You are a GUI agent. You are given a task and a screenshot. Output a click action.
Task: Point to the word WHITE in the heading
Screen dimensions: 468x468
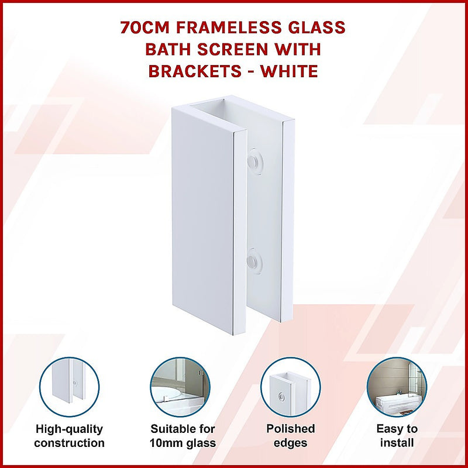(x=290, y=71)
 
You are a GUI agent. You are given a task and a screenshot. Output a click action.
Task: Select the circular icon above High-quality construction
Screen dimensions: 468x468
(x=69, y=387)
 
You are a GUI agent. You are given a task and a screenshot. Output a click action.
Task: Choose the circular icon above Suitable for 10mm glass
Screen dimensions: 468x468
(x=180, y=387)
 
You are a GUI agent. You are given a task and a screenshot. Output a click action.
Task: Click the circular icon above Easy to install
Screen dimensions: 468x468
(x=397, y=387)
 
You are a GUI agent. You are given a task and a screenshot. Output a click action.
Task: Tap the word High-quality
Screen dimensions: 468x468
(x=69, y=429)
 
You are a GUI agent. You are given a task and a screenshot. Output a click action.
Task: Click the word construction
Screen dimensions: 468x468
(x=69, y=443)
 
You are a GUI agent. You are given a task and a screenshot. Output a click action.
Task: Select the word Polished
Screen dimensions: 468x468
(x=290, y=429)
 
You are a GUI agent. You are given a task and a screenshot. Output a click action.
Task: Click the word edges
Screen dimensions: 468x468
(x=290, y=443)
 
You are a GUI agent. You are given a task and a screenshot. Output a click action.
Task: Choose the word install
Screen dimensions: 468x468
(x=397, y=443)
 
